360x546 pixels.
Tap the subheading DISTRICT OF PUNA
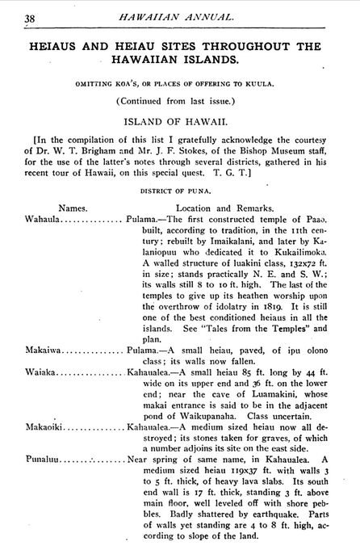coord(179,191)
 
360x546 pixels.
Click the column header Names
coord(73,207)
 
